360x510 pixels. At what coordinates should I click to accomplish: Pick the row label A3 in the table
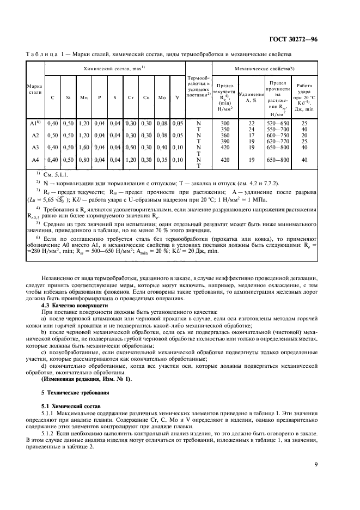35,148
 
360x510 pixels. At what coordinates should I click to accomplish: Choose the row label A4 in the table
35,160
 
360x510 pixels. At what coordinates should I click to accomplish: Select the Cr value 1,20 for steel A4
130,160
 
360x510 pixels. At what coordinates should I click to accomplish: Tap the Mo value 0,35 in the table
162,160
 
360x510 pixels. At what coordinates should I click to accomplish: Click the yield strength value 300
225,124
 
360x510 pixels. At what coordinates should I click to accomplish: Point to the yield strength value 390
225,141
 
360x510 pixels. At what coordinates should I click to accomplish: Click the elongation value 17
251,135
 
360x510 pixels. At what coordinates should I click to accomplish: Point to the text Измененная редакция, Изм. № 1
86,379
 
